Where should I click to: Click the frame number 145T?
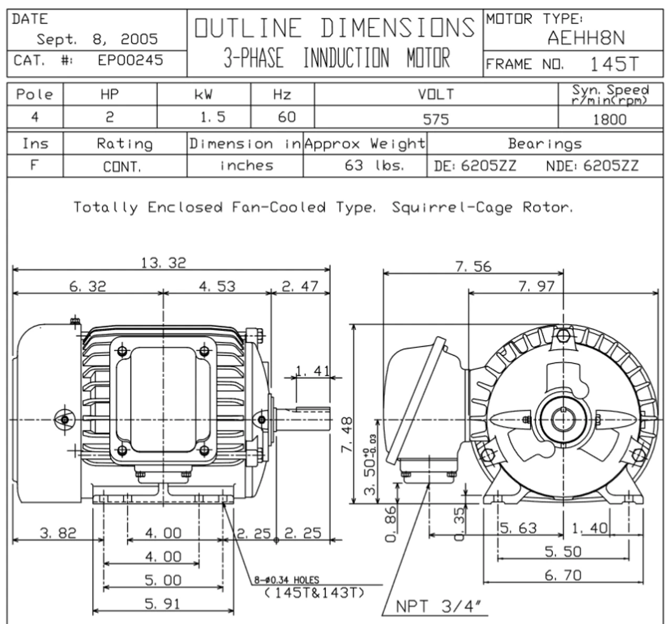614,64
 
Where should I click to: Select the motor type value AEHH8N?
586,38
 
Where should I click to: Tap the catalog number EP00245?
130,60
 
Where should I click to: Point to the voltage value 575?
436,119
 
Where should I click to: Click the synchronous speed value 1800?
610,119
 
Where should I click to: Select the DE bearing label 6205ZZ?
488,166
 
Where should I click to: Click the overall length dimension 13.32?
163,263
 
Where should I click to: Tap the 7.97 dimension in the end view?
536,286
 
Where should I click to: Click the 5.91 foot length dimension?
163,604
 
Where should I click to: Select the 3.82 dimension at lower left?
58,533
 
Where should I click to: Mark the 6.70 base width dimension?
563,576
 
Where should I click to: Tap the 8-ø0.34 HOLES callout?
286,580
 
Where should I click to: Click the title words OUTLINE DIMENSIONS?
335,28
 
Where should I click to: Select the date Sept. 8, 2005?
97,39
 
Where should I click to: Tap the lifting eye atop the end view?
563,335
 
